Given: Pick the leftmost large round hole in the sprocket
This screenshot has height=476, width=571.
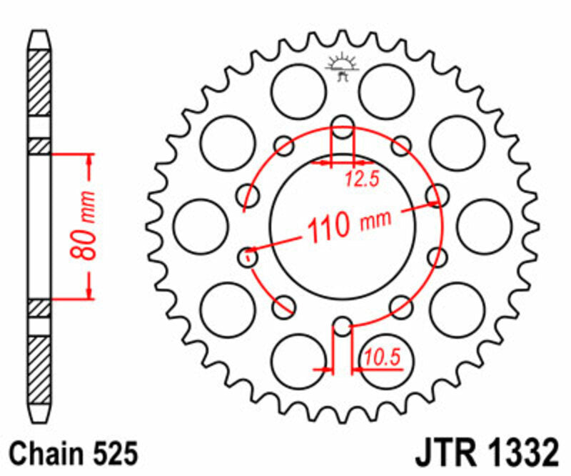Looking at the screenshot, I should click(201, 226).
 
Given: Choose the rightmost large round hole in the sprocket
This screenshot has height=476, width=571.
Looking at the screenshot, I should click(485, 226).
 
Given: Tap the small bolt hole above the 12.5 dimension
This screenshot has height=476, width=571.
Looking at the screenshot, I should click(343, 123).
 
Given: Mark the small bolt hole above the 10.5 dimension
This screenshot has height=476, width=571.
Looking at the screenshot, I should click(343, 327).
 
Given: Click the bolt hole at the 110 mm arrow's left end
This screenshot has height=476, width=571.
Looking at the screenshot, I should click(248, 254).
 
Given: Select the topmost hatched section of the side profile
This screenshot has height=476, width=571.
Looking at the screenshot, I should click(40, 82).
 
